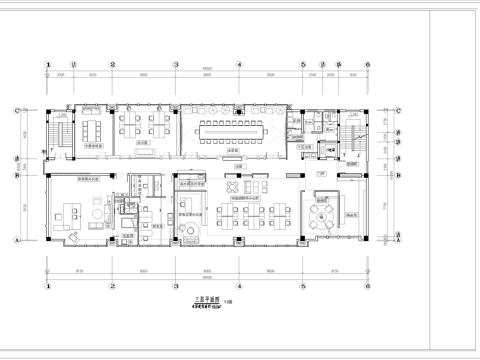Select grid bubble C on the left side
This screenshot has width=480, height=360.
click(18, 110)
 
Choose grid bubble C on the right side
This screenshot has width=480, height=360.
click(397, 110)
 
